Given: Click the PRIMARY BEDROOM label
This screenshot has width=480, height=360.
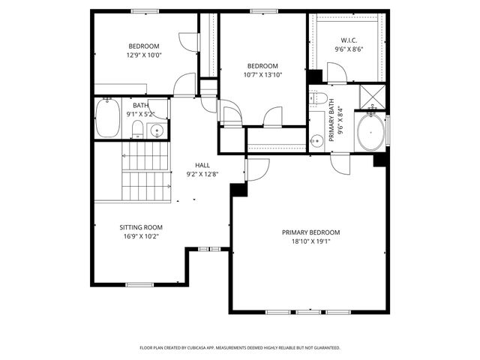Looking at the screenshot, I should tap(310, 232).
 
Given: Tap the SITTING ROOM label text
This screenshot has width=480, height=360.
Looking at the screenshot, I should tap(141, 227).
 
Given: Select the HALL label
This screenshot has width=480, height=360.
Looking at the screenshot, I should tap(202, 165).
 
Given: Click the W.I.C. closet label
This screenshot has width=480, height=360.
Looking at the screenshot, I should tap(349, 40).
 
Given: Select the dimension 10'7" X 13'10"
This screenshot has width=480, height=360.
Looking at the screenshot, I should tap(262, 74).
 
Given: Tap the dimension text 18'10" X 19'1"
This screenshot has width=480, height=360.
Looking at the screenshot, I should tap(310, 241).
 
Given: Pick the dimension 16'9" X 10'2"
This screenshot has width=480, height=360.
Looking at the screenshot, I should tap(141, 236).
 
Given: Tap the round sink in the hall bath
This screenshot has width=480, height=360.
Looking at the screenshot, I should tap(156, 130).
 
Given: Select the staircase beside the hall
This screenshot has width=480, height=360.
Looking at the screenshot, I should tap(147, 171).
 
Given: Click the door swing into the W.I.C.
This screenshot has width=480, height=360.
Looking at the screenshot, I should tap(337, 73).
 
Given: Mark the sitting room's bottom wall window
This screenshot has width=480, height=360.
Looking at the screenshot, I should tap(139, 284).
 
